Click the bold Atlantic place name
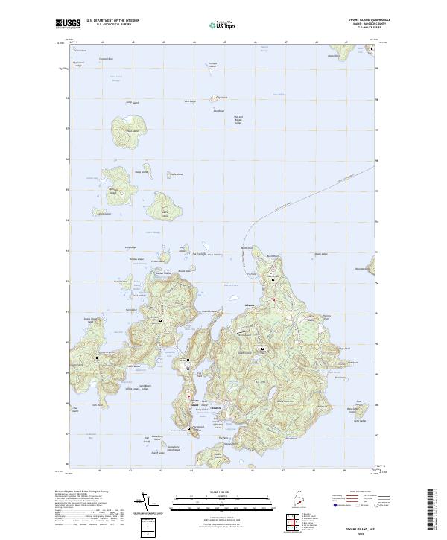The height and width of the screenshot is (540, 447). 248,305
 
